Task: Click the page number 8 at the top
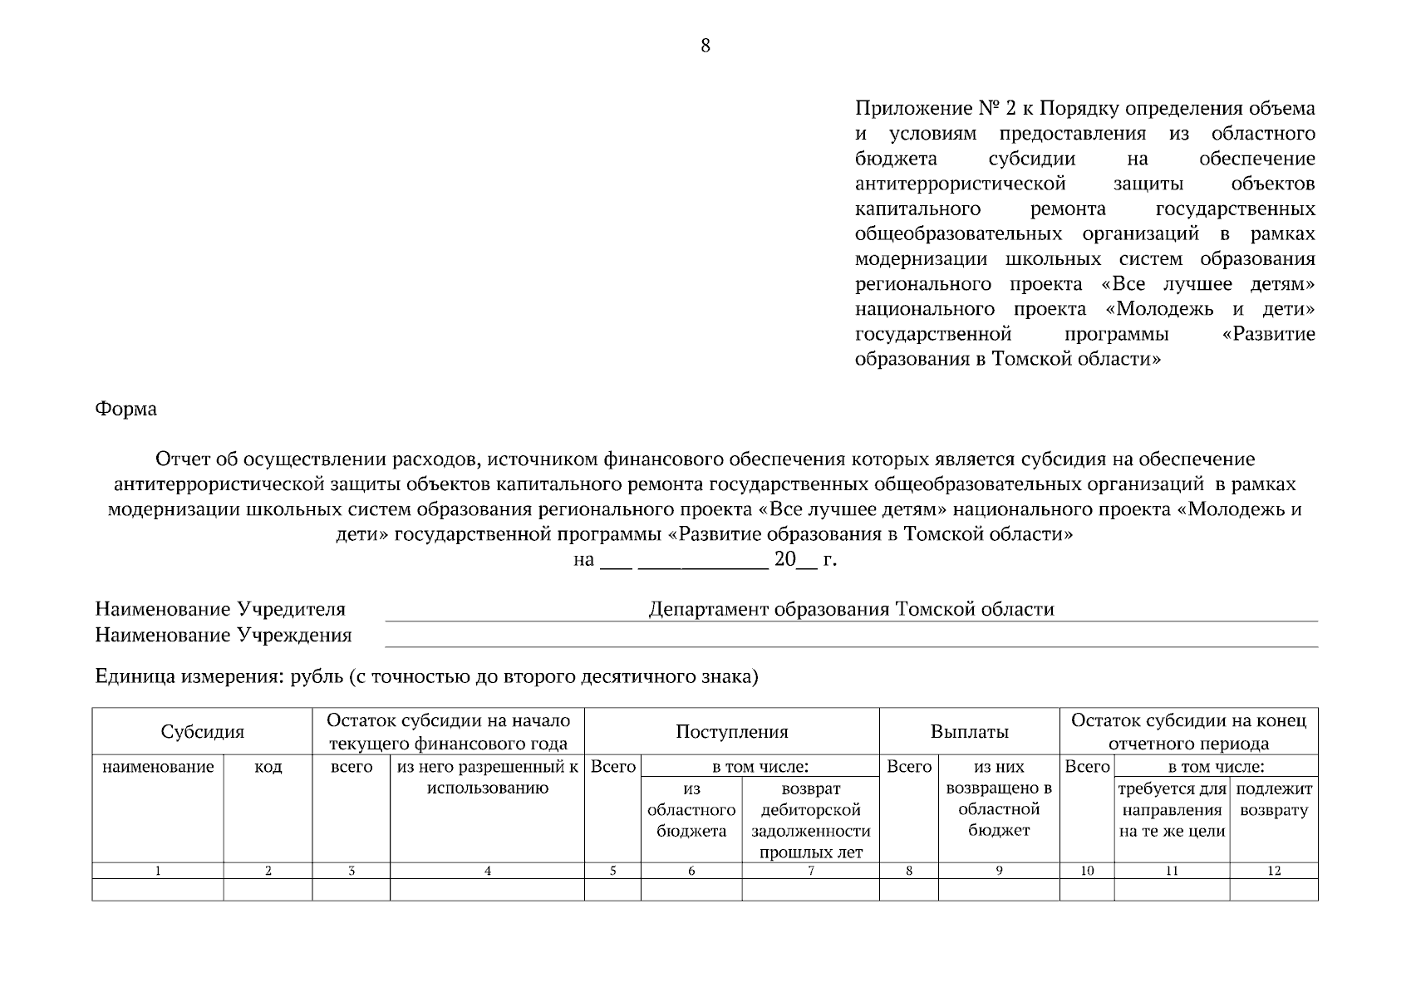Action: [x=705, y=46]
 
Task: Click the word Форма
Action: [x=125, y=409]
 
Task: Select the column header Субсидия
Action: [x=202, y=732]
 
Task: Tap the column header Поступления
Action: [x=731, y=732]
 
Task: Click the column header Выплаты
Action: [x=969, y=732]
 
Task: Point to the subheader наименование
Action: [x=158, y=767]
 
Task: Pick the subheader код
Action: [x=268, y=767]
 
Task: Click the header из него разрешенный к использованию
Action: [x=487, y=778]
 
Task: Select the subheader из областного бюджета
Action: [x=691, y=809]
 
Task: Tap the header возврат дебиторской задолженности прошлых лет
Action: [x=810, y=819]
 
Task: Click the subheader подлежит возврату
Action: [x=1274, y=799]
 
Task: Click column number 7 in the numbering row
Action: [x=810, y=871]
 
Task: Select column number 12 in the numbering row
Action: [x=1274, y=871]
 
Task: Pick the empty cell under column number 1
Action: [x=158, y=890]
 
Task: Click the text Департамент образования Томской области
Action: [x=851, y=609]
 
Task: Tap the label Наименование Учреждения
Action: [x=224, y=636]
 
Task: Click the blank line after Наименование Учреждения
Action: [x=851, y=638]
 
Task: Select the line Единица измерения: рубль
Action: [x=427, y=676]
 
